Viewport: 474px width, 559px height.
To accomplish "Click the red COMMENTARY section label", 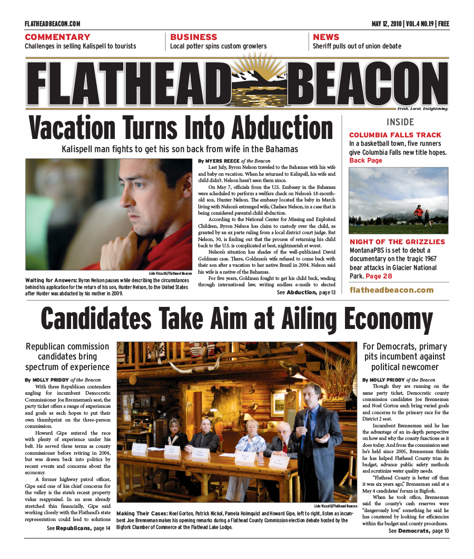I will coord(57,37).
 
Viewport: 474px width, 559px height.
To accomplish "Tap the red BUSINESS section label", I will coord(193,37).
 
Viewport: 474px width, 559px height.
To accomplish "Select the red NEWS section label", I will coord(326,37).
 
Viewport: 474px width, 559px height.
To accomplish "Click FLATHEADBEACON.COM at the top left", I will coord(52,24).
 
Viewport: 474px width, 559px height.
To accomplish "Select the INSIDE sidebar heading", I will coord(400,122).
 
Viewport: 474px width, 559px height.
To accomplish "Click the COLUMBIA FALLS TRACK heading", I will coord(395,135).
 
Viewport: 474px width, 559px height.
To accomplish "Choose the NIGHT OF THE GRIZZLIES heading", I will coord(397,242).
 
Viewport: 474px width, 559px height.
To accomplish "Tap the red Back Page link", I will coord(366,161).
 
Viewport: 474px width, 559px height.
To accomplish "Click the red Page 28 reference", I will coord(379,276).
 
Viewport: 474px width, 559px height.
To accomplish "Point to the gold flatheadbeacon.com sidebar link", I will coord(391,290).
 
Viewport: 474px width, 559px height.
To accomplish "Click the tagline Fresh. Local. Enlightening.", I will coord(422,109).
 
